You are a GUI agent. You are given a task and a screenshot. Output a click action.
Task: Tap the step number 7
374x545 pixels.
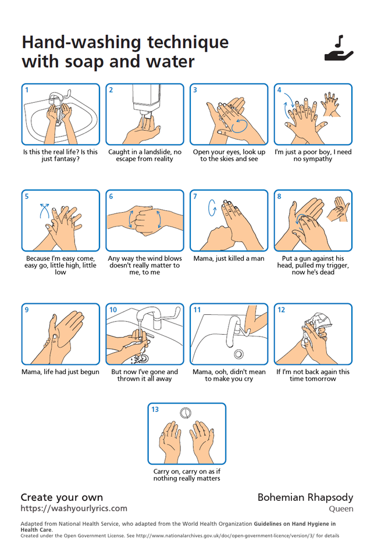195,196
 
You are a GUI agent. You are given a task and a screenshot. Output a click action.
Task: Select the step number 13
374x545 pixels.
155,410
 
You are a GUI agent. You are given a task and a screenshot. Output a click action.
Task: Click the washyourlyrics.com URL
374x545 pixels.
74,508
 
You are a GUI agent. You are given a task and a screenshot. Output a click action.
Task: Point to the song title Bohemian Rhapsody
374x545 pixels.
305,498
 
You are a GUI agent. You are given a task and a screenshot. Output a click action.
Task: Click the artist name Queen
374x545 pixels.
341,509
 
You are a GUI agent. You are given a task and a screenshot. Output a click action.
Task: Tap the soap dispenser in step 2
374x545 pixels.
146,99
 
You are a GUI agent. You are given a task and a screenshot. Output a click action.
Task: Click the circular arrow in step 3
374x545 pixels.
240,126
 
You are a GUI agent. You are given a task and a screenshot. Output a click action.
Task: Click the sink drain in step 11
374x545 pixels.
238,354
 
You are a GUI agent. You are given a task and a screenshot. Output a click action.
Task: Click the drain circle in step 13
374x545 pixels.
186,413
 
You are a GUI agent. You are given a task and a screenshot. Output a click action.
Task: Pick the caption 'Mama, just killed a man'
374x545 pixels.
229,259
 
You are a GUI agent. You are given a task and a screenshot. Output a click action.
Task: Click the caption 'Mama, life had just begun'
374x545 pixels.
60,372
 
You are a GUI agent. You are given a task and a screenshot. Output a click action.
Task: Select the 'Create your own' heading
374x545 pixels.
62,497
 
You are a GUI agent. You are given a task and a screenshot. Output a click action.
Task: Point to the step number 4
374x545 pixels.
279,90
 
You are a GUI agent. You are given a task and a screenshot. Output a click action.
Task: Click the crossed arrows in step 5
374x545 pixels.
44,211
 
